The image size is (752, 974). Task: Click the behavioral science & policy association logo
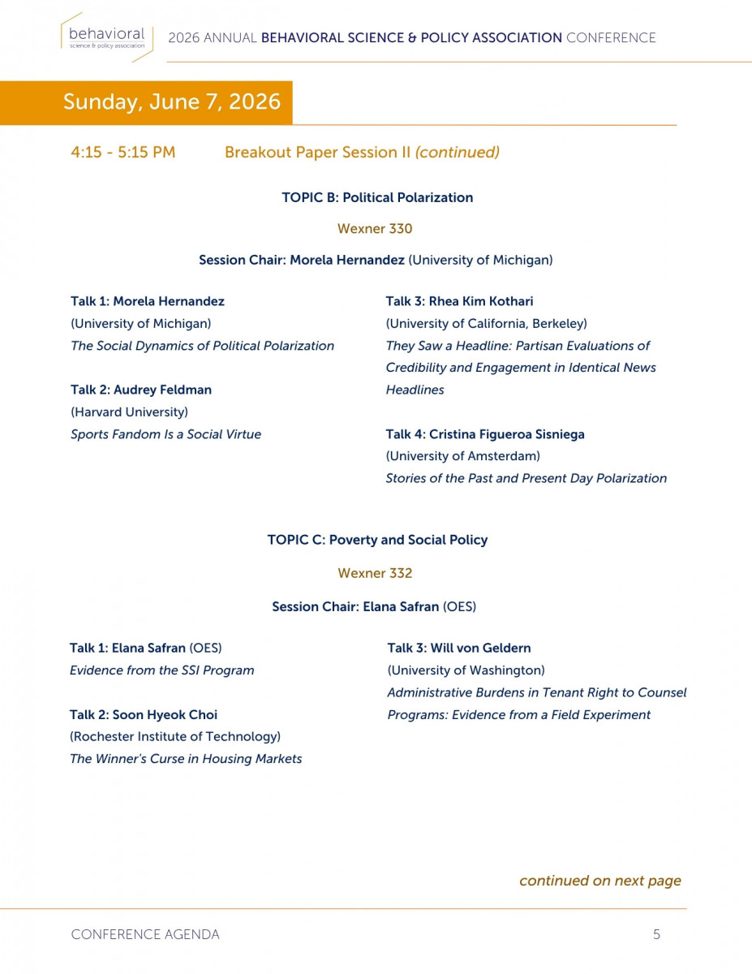click(105, 37)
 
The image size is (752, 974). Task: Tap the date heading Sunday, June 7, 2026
click(172, 101)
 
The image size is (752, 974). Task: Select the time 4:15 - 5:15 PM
click(123, 152)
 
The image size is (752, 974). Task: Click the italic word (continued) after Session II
click(457, 152)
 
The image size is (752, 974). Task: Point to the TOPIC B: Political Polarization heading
click(377, 197)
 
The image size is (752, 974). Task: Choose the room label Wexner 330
click(375, 228)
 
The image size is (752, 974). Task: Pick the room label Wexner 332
click(375, 573)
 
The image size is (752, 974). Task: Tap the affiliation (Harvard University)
click(129, 412)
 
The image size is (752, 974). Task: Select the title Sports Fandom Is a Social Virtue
click(165, 434)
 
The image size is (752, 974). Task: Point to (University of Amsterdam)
click(462, 456)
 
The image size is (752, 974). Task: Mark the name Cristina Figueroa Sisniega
click(506, 434)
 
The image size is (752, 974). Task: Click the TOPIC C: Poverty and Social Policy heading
click(377, 540)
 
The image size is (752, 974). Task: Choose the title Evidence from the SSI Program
click(161, 670)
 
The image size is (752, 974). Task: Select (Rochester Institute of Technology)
click(175, 737)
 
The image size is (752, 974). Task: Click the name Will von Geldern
click(480, 648)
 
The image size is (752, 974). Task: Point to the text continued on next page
click(599, 881)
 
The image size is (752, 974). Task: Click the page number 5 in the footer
click(656, 934)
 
